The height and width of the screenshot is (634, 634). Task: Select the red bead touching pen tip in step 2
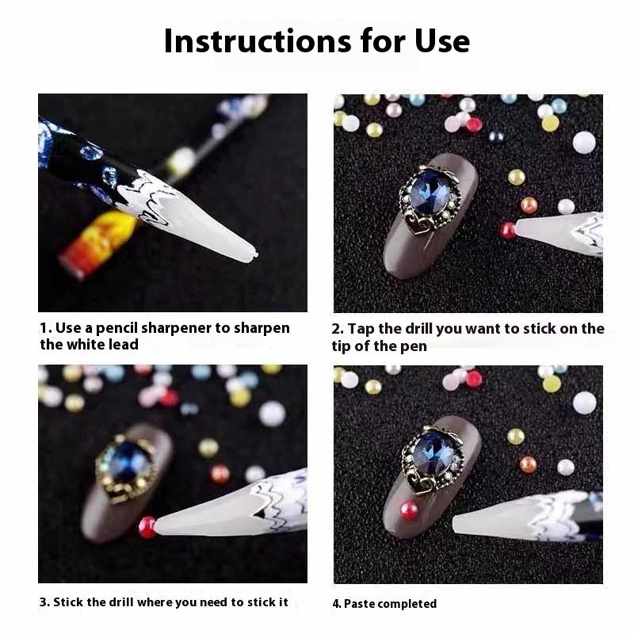(507, 231)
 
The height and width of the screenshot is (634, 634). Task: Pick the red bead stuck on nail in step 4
(410, 510)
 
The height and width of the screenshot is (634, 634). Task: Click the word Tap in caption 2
(362, 329)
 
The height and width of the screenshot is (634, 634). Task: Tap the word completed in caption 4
(407, 604)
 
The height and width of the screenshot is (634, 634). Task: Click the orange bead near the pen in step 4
(528, 464)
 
